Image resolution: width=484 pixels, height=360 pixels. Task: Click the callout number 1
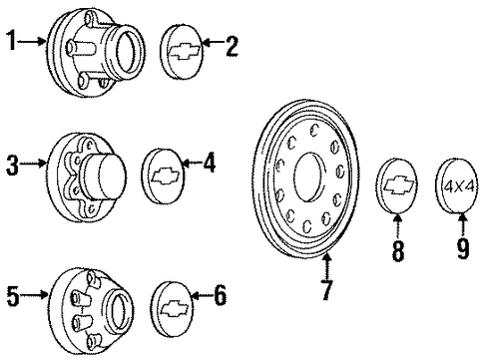tap(12, 41)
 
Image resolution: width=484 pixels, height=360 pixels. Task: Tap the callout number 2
tap(232, 46)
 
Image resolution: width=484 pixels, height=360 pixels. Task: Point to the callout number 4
tap(210, 162)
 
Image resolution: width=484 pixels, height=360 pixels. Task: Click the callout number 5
tap(13, 295)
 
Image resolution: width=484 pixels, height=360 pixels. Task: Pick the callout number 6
tap(221, 295)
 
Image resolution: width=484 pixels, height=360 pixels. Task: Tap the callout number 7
tap(327, 289)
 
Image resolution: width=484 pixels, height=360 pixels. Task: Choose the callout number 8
tap(398, 250)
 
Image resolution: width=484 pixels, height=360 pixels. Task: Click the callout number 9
tap(463, 248)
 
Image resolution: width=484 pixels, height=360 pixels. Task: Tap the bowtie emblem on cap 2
tap(185, 52)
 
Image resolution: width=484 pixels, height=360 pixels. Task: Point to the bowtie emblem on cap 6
tap(176, 309)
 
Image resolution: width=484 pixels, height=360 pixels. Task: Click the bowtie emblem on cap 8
tap(399, 185)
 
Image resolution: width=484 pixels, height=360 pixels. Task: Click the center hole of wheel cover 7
tap(309, 178)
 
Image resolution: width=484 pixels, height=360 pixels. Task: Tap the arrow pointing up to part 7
tap(327, 266)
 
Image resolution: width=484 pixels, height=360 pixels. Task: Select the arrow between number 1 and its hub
tap(32, 42)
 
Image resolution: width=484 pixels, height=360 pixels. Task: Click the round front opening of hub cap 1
tap(130, 52)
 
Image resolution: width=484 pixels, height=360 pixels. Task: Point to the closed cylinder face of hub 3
tap(112, 177)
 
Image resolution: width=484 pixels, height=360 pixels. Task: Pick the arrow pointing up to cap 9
tap(463, 225)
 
